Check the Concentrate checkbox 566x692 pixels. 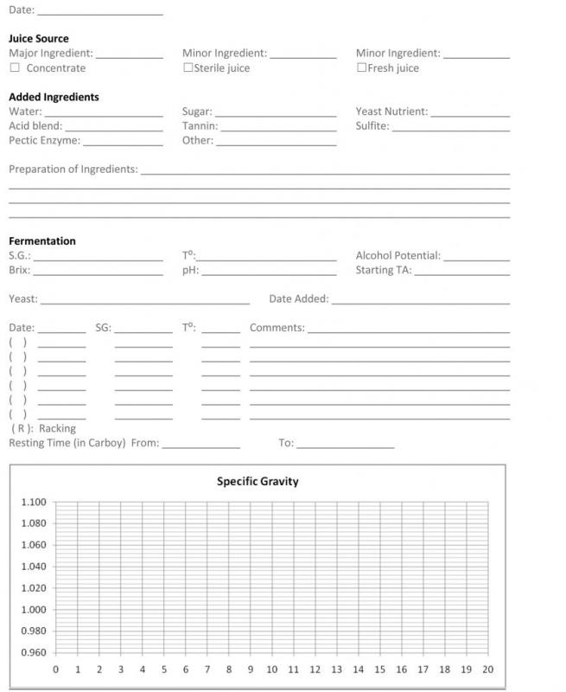click(14, 68)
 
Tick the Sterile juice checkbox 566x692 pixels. click(188, 68)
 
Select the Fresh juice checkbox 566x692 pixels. click(361, 68)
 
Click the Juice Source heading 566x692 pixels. click(39, 39)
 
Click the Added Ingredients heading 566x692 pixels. click(54, 98)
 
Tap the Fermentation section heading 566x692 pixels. click(42, 241)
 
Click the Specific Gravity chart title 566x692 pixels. click(258, 482)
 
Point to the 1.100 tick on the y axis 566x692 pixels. click(34, 503)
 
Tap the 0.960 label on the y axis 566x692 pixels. click(34, 653)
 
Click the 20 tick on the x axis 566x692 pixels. click(488, 670)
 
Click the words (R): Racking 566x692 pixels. click(43, 428)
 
